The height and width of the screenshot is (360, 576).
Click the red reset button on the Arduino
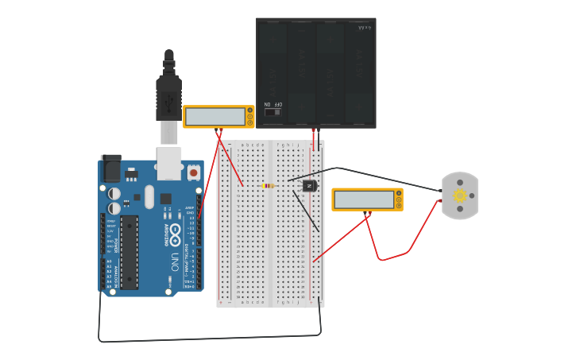point(193,171)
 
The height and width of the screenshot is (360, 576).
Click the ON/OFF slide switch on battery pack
point(273,112)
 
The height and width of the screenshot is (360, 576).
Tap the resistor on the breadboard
point(269,186)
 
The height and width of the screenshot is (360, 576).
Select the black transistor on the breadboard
point(309,186)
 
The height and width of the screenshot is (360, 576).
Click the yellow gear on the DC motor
point(459,195)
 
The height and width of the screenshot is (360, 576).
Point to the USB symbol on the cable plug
point(168,102)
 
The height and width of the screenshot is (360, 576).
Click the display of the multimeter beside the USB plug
point(215,117)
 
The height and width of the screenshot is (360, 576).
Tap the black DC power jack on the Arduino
point(110,168)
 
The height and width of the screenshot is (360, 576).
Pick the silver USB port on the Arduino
point(168,162)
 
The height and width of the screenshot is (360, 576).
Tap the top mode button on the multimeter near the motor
point(399,193)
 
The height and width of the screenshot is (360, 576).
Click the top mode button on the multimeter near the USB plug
point(250,110)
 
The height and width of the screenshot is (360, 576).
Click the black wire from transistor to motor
point(381,176)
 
